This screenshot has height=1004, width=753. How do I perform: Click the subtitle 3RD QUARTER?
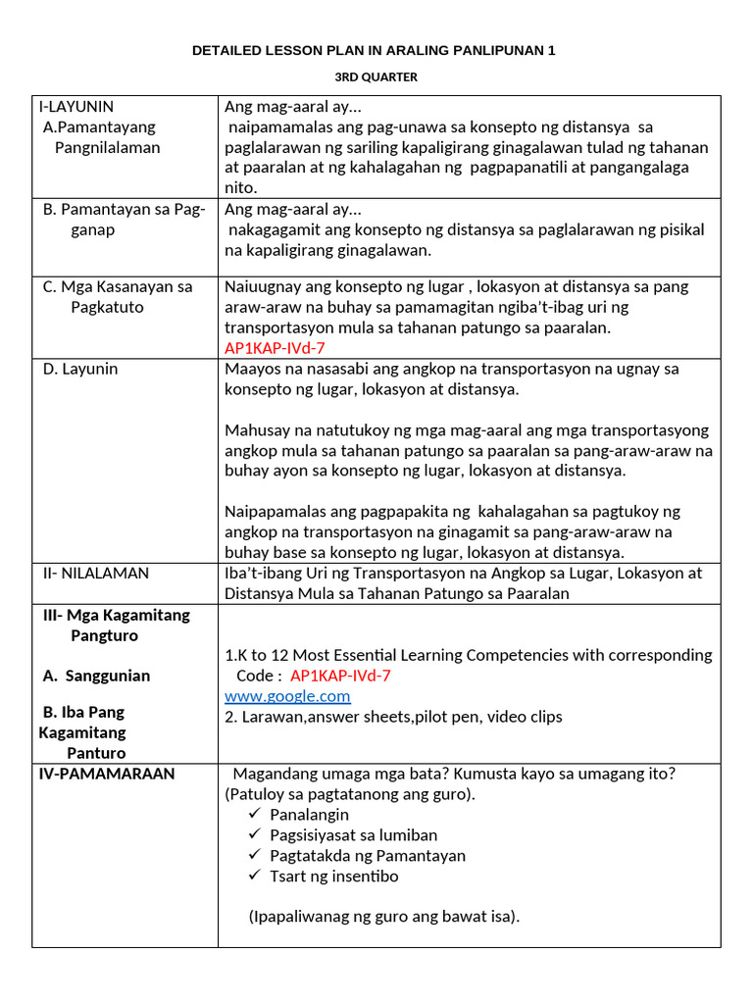pyautogui.click(x=374, y=77)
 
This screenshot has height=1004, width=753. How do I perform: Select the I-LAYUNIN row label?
pyautogui.click(x=76, y=107)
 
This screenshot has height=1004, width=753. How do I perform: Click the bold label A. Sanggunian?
pyautogui.click(x=96, y=676)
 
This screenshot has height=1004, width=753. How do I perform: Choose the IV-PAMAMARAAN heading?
pyautogui.click(x=107, y=774)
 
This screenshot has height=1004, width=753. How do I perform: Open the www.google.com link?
pyautogui.click(x=287, y=696)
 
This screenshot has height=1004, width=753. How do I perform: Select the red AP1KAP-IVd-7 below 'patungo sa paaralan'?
pyautogui.click(x=275, y=348)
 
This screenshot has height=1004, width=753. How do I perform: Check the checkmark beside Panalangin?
pyautogui.click(x=255, y=814)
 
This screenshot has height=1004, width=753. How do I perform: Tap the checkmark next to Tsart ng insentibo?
pyautogui.click(x=255, y=876)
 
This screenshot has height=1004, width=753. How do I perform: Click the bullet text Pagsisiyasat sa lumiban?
pyautogui.click(x=354, y=834)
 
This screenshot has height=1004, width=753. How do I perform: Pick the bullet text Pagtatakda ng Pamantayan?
pyautogui.click(x=368, y=855)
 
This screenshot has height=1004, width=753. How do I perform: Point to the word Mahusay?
pyautogui.click(x=254, y=429)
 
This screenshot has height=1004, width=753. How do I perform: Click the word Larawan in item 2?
pyautogui.click(x=271, y=717)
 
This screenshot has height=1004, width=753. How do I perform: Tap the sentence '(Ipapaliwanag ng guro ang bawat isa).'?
pyautogui.click(x=384, y=917)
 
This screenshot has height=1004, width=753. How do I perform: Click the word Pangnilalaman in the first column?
pyautogui.click(x=107, y=147)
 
